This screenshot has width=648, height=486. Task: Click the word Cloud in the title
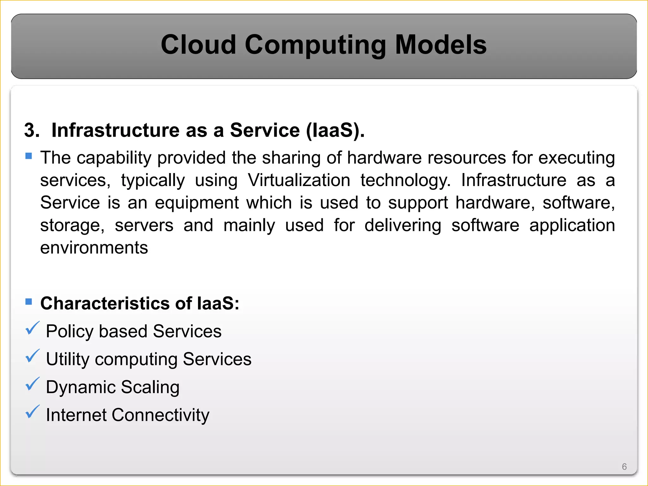click(x=198, y=45)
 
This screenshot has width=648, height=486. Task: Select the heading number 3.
click(x=32, y=130)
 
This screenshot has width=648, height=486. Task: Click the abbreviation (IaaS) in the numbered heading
click(x=335, y=130)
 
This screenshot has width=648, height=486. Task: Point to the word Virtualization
click(x=299, y=180)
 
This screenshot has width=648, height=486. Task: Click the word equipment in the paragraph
click(x=197, y=203)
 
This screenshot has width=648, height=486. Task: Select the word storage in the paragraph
click(x=72, y=226)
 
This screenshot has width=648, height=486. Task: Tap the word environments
click(x=94, y=248)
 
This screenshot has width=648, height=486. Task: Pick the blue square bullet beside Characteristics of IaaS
click(x=29, y=302)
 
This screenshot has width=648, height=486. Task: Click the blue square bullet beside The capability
click(x=29, y=156)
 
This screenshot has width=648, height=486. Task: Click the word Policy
click(x=70, y=332)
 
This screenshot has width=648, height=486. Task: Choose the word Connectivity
click(x=160, y=415)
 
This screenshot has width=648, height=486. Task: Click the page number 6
click(x=624, y=467)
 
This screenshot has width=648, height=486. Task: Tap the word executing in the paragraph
click(x=576, y=158)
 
